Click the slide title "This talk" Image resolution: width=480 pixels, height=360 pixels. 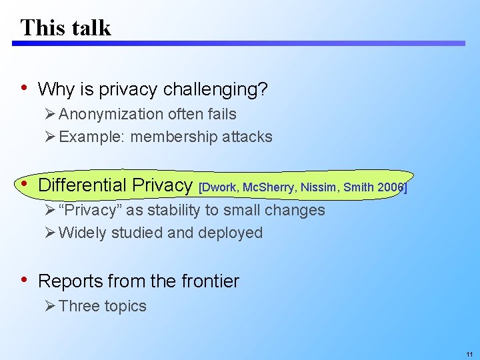pyautogui.click(x=65, y=27)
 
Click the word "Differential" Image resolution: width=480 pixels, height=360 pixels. pyautogui.click(x=83, y=185)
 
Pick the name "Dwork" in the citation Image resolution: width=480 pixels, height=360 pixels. pyautogui.click(x=220, y=187)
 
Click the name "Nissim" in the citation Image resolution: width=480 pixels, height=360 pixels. pyautogui.click(x=319, y=187)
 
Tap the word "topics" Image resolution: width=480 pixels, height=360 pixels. pyautogui.click(x=125, y=306)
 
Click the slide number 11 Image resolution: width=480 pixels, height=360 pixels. pyautogui.click(x=469, y=354)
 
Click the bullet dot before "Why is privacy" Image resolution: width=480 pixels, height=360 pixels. pyautogui.click(x=25, y=87)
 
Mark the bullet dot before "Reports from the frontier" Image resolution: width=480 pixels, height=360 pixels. pyautogui.click(x=25, y=280)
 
